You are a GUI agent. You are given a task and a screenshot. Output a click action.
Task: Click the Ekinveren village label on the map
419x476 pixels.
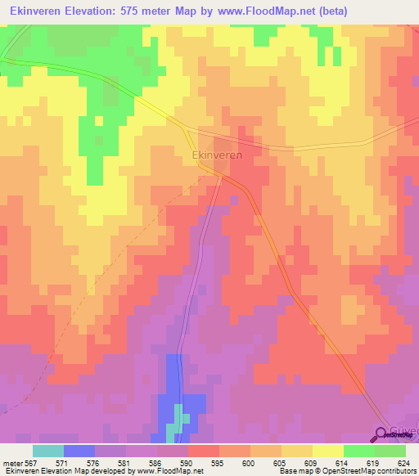pos(219,154)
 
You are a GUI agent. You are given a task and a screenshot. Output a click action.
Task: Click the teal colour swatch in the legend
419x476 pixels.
pos(47,451)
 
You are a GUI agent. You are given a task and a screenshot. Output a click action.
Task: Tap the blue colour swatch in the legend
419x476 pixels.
pos(79,451)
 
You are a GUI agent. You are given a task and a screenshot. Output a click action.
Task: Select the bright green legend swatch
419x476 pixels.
pos(358,451)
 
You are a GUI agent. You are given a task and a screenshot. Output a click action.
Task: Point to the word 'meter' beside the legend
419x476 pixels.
pos(11,462)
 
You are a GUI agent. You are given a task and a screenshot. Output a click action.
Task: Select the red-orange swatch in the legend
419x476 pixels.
pos(203,451)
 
